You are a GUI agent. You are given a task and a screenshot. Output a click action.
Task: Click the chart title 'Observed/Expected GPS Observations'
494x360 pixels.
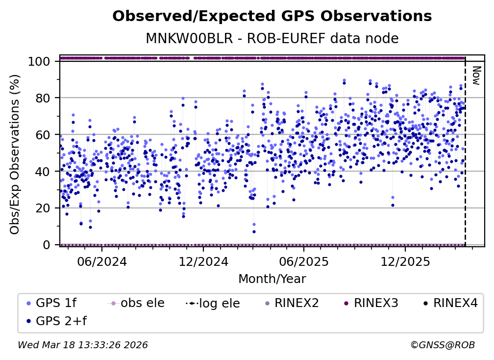point(272,17)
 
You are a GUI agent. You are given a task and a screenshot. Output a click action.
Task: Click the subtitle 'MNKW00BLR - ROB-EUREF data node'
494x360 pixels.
point(272,39)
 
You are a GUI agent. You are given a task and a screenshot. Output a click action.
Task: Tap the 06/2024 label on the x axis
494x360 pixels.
point(101,261)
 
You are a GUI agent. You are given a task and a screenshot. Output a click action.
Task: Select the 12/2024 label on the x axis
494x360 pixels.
point(202,261)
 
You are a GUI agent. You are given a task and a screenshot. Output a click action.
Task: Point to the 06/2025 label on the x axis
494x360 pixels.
point(303,261)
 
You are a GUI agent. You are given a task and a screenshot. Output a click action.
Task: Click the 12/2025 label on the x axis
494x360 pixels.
point(404,261)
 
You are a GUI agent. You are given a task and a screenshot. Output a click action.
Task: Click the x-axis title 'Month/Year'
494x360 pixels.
point(272,279)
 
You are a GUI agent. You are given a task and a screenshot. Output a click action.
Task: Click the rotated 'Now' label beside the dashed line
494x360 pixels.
point(475,76)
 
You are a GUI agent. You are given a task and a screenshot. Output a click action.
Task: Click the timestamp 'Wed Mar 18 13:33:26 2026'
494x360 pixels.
point(83,345)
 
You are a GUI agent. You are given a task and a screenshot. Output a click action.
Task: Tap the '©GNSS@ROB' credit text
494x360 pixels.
point(443,345)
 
